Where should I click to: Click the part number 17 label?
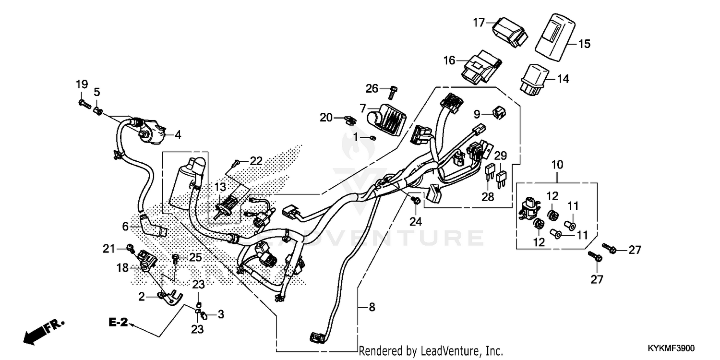click(x=479, y=22)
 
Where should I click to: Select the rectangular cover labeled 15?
click(x=554, y=37)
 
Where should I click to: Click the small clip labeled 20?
click(x=350, y=118)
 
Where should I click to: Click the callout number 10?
click(x=557, y=165)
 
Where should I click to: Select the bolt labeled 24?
click(x=416, y=199)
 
